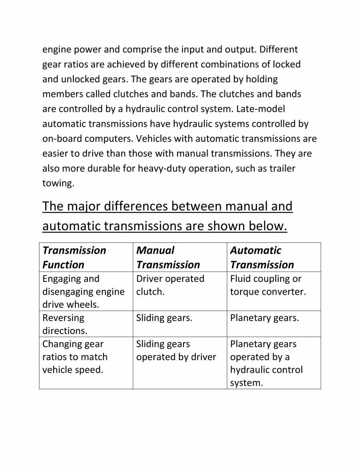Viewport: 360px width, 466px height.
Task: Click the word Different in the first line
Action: point(279,49)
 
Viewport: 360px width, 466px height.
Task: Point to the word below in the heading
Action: point(263,226)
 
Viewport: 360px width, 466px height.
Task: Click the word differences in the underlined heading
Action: point(139,206)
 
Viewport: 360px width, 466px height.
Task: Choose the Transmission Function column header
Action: point(74,257)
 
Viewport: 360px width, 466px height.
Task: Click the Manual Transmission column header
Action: point(168,257)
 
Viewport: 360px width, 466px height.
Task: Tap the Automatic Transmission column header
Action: point(262,257)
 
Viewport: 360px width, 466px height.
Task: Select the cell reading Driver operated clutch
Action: point(170,285)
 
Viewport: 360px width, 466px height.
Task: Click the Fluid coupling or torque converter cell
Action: point(268,285)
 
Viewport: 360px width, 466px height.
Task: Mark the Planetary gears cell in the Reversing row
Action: point(264,318)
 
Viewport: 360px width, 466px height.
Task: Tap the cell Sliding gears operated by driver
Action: point(176,350)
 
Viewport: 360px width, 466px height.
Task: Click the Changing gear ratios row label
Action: point(74,357)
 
